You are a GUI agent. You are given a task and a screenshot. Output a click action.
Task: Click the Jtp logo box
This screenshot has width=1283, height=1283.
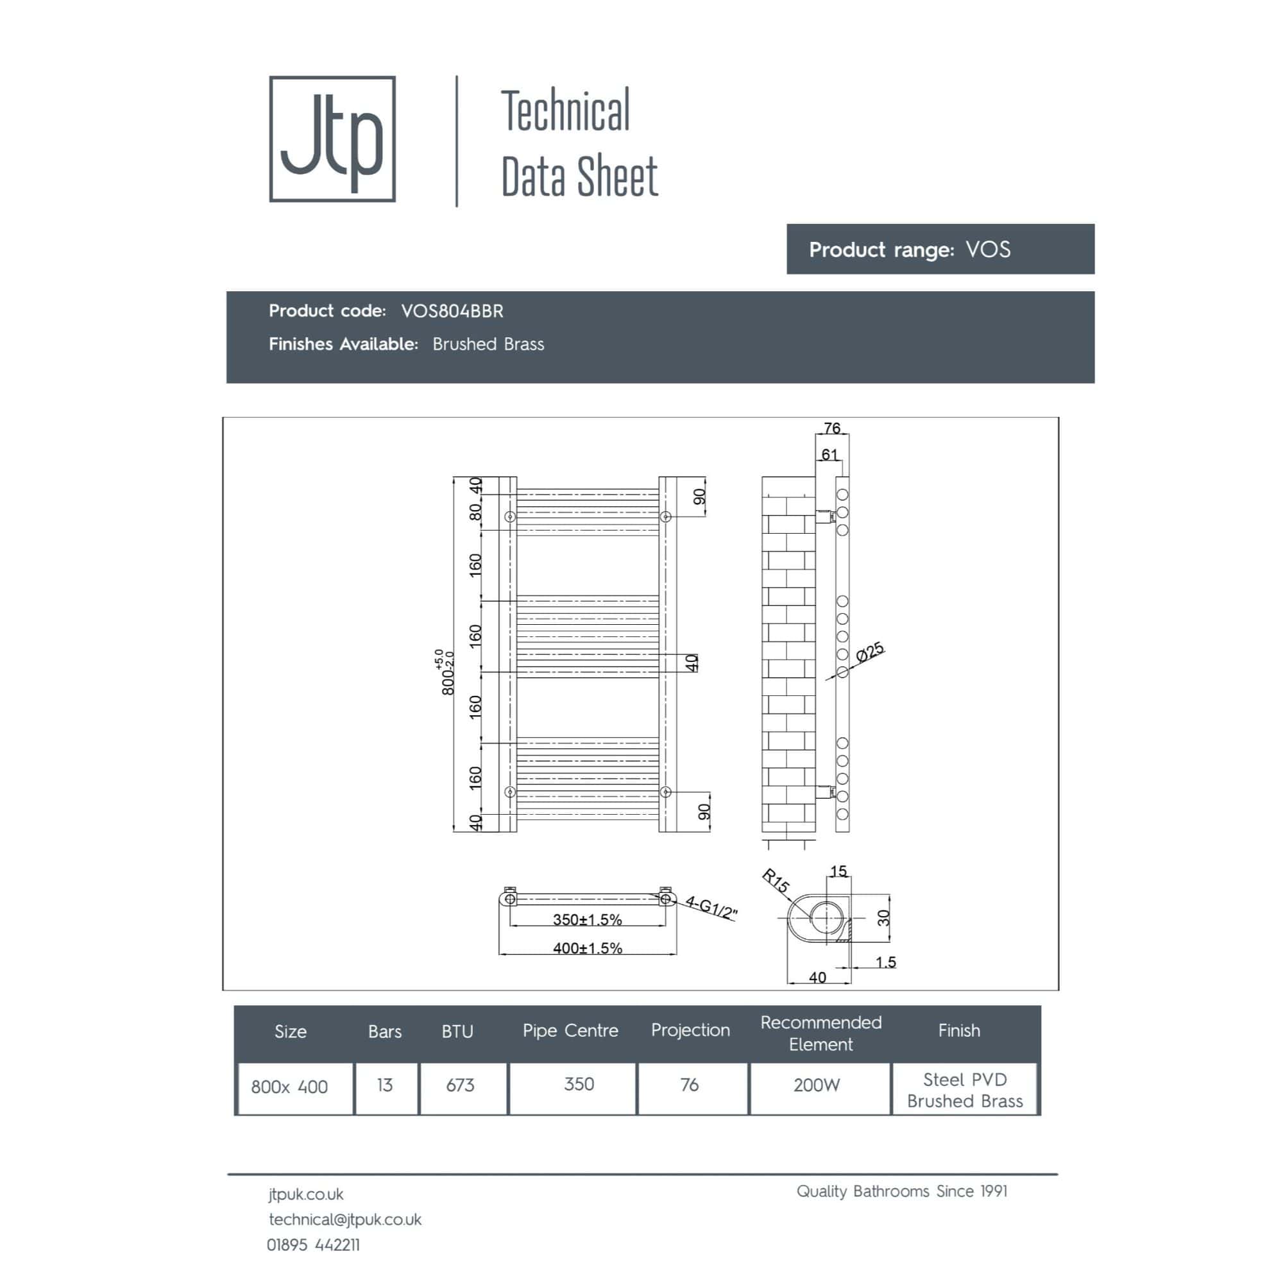point(332,139)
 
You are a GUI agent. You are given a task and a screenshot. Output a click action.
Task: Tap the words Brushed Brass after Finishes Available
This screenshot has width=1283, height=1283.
point(488,344)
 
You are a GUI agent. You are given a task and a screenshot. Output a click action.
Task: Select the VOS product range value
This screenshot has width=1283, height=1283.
point(988,249)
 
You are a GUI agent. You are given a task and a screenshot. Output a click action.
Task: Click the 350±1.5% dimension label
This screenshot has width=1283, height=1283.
point(587,919)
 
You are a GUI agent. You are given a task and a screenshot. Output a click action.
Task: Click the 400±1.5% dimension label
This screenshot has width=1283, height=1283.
point(587,947)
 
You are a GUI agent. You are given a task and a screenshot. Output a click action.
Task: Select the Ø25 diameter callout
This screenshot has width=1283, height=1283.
point(869,652)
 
